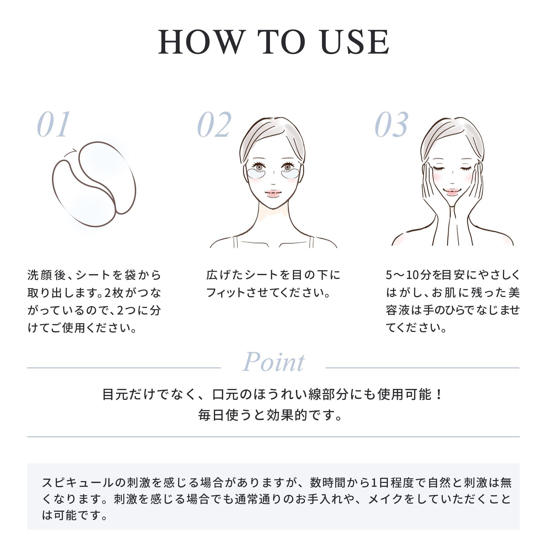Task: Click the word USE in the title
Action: [x=356, y=42]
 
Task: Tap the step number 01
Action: [x=54, y=124]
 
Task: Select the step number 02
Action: [x=214, y=124]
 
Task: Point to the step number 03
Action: [x=392, y=124]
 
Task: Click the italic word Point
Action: [x=273, y=362]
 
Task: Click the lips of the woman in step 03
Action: [x=452, y=192]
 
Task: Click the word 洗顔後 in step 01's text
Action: [x=47, y=275]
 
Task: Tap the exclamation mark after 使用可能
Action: [x=439, y=394]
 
